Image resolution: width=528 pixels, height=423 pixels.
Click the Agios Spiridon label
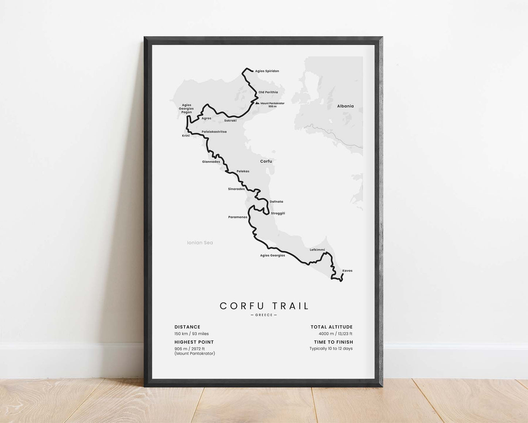pos(267,71)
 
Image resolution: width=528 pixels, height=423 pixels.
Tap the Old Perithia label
pos(268,92)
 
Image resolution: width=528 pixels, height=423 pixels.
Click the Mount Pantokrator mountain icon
pos(257,103)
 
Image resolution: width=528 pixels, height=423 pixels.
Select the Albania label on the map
pos(345,106)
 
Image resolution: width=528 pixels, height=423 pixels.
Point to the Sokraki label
pos(230,120)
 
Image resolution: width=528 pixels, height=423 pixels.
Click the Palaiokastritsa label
pos(214,132)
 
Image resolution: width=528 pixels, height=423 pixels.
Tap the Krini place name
pos(186,136)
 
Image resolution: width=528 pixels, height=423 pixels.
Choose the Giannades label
pos(211,162)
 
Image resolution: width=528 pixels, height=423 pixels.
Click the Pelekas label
pos(243,171)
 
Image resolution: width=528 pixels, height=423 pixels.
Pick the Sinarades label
pos(236,189)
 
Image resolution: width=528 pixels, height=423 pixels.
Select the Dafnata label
pos(276,202)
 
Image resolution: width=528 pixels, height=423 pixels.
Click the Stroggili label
pos(278,213)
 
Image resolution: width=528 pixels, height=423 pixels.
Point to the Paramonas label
pos(238,217)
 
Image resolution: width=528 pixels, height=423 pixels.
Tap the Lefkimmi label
pos(317,250)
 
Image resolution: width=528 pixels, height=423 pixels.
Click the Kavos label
pos(347,271)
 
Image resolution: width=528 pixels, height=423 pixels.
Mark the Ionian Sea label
pos(200,243)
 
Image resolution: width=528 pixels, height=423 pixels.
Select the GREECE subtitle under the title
pos(264,315)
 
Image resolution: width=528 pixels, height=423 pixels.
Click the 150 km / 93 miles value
pos(191,334)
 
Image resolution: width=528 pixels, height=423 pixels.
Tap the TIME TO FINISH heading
pos(333,342)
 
